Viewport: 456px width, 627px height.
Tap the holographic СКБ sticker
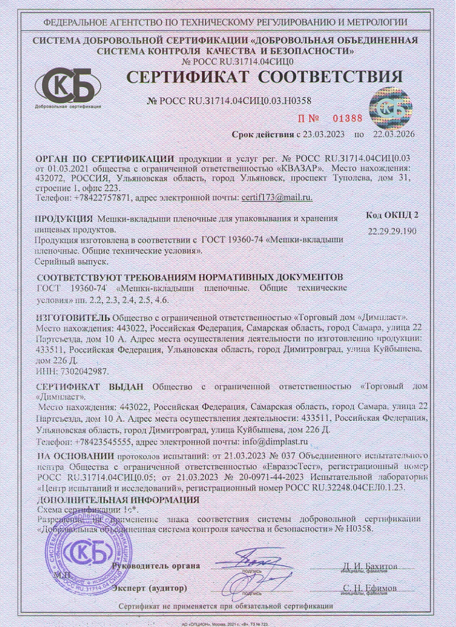tap(390, 109)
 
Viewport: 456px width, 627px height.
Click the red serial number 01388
tap(347, 118)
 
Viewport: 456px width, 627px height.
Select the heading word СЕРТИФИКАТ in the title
tap(188, 77)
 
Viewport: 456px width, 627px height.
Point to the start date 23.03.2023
tap(323, 134)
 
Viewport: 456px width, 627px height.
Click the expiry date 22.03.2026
tap(393, 134)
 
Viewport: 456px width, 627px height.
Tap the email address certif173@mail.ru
tap(276, 197)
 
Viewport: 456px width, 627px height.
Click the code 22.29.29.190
tap(392, 231)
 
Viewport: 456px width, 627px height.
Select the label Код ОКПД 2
tap(392, 215)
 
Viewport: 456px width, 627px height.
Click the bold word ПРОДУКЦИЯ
tap(64, 219)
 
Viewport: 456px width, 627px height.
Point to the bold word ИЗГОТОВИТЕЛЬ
tap(73, 317)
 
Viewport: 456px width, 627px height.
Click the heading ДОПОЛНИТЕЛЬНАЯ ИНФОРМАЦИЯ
tap(118, 500)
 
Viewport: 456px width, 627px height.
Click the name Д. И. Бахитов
tap(370, 566)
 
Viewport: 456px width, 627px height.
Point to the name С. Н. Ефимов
tap(370, 588)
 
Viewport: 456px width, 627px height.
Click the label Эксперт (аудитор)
tap(149, 588)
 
